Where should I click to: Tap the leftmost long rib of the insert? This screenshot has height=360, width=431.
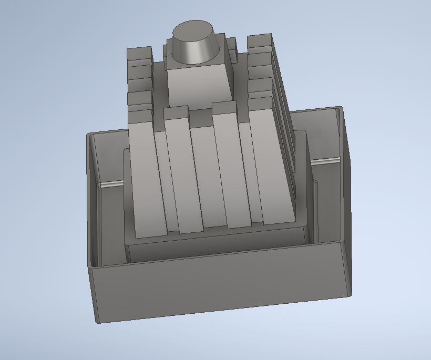147,179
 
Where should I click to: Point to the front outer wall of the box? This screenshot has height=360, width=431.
221,286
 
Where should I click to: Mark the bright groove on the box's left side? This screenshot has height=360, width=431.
110,184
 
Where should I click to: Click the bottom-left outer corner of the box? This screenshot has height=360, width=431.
97,320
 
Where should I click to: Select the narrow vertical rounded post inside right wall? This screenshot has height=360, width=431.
316,210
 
